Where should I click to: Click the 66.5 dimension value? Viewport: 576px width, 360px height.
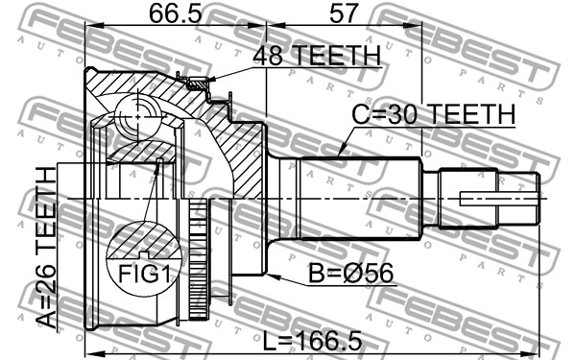(176, 13)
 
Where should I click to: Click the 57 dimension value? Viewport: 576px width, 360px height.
(344, 13)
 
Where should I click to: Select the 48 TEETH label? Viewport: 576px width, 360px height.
(317, 55)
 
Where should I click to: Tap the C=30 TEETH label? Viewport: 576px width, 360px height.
(434, 114)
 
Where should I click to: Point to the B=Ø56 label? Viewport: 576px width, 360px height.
(350, 273)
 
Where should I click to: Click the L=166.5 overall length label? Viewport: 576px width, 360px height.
(313, 340)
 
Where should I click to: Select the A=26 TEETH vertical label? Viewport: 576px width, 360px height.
(47, 248)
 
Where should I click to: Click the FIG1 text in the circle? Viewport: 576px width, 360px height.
(144, 274)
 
